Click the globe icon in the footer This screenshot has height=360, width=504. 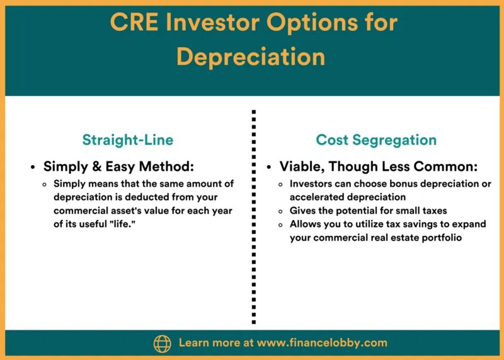coord(162,344)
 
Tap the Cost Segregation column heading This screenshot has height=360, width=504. coord(376,140)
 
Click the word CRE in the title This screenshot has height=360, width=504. coord(136,23)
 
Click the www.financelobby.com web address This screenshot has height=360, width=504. coord(323,344)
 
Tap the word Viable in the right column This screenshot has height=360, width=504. coord(302,168)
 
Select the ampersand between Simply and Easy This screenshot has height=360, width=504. coord(86,168)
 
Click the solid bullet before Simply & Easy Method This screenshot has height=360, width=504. coord(33,168)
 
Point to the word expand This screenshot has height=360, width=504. coord(469,224)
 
